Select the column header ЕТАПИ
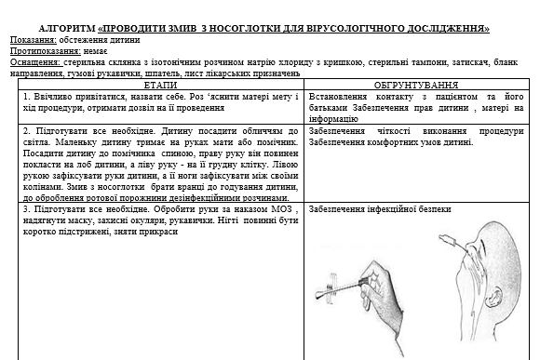(x=161, y=85)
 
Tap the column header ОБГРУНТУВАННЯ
(x=416, y=85)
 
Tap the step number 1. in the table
(x=28, y=97)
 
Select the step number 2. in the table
(x=28, y=132)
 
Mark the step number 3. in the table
(x=28, y=210)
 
